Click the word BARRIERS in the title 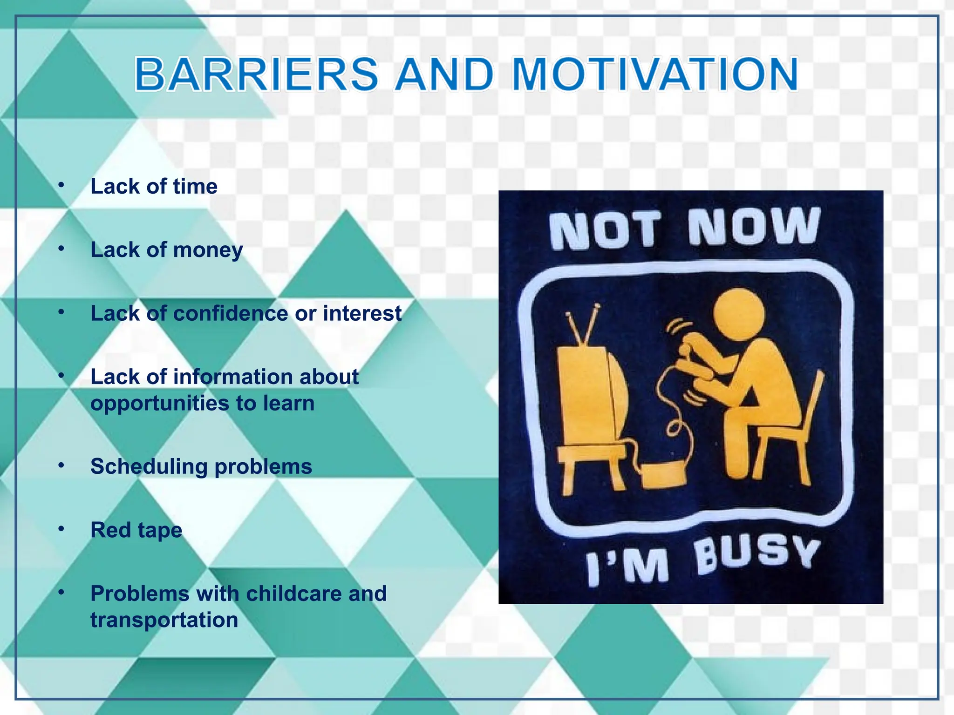[x=256, y=74]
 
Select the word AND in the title [x=444, y=74]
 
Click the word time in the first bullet [x=195, y=187]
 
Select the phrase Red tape [x=136, y=530]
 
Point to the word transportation [x=164, y=620]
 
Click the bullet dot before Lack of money [x=61, y=249]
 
